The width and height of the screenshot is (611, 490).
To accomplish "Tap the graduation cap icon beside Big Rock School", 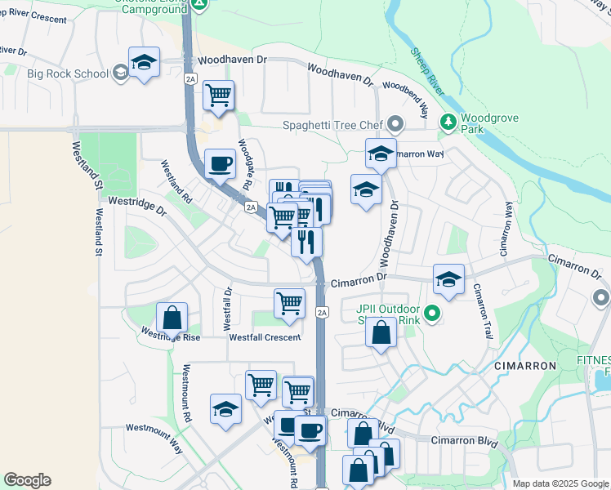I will pos(144,64).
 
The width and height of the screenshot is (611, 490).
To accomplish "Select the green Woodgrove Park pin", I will pos(448,122).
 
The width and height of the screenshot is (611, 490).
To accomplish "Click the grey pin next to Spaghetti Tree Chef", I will pos(396,125).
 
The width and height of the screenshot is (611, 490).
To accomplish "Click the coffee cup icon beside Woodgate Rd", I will pos(220,163).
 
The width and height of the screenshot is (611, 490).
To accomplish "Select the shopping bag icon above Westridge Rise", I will pos(172,318).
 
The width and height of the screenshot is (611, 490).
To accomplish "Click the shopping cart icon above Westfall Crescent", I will pos(290,303).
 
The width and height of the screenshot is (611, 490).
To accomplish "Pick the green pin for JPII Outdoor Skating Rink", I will pos(433,312).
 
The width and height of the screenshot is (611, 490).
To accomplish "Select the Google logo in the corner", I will pos(27,480).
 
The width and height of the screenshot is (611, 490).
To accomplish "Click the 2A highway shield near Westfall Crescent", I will pos(322,312).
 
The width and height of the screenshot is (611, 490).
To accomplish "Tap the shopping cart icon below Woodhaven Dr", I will pos(218,96).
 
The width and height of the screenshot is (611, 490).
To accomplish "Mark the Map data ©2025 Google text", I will pos(560,483).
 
